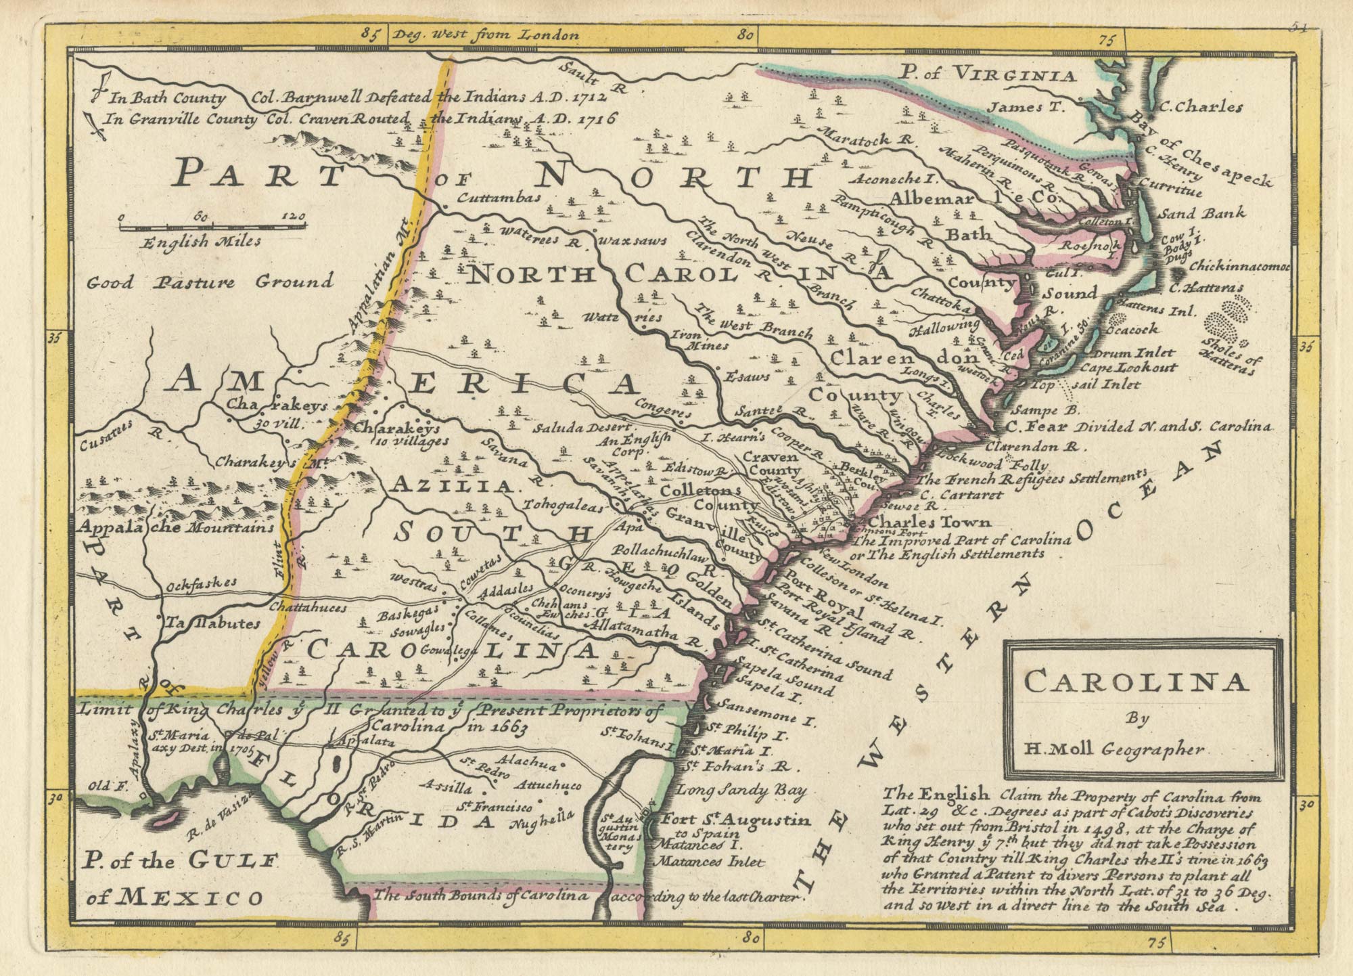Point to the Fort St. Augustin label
click(x=736, y=820)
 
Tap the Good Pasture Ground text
click(x=211, y=281)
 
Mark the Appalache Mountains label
click(x=177, y=527)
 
